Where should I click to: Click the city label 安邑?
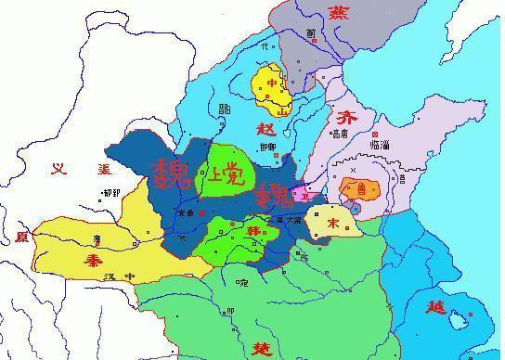coord(185,212)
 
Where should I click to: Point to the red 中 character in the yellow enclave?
coord(272,83)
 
